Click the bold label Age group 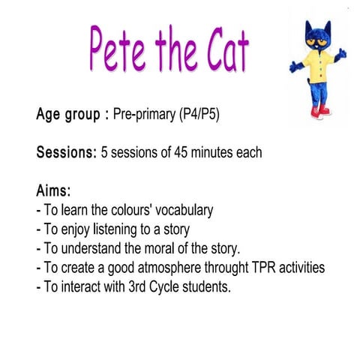[68, 115]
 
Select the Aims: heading [55, 190]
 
